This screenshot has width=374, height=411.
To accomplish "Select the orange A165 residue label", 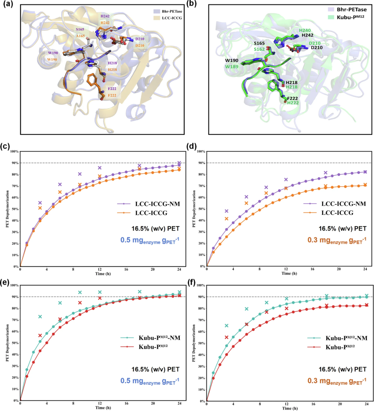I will click(80, 36).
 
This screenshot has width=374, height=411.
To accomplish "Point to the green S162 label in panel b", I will click(259, 49).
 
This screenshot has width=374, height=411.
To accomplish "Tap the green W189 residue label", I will click(231, 66).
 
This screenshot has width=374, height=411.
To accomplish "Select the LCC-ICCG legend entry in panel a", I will click(172, 18).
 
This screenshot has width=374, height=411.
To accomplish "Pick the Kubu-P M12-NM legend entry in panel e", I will click(150, 338).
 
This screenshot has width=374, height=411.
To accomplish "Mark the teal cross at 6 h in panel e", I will click(60, 303).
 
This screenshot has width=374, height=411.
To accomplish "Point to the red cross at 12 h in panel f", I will click(286, 308).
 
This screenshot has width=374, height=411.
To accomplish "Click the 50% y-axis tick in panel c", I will click(15, 209).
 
